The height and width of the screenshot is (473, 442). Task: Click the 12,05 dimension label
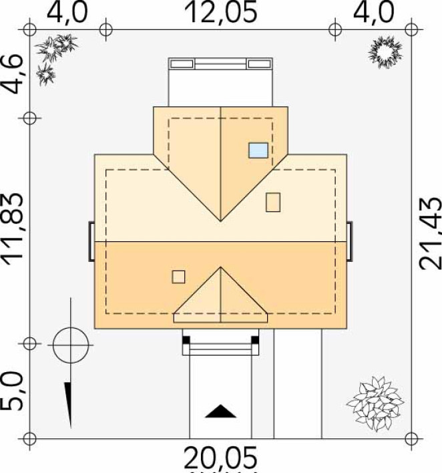pyautogui.click(x=221, y=12)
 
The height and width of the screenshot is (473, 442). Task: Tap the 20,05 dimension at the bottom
pyautogui.click(x=221, y=458)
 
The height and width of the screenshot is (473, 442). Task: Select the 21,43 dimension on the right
pyautogui.click(x=430, y=233)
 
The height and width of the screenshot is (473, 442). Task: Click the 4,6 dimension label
pyautogui.click(x=12, y=74)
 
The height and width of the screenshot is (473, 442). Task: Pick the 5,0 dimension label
pyautogui.click(x=12, y=391)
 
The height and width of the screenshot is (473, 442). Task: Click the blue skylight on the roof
pyautogui.click(x=258, y=150)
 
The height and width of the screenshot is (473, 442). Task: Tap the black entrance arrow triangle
pyautogui.click(x=221, y=411)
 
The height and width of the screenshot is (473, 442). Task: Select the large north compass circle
pyautogui.click(x=71, y=345)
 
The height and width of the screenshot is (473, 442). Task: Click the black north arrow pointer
pyautogui.click(x=69, y=404)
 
